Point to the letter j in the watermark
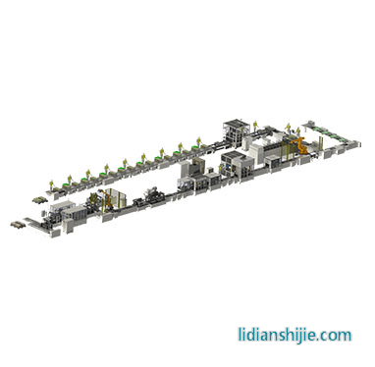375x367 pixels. click(297, 337)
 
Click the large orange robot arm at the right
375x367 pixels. click(300, 144)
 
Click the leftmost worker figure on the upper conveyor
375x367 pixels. click(51, 185)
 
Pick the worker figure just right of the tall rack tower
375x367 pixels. click(255, 126)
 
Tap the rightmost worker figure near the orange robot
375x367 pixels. click(298, 131)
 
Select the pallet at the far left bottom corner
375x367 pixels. click(18, 225)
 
